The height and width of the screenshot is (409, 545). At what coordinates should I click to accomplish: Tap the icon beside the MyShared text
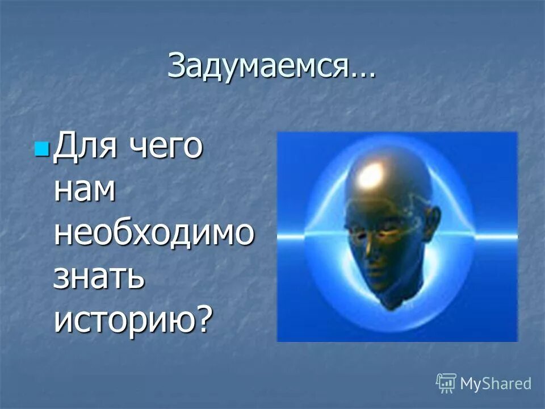[446, 383]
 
